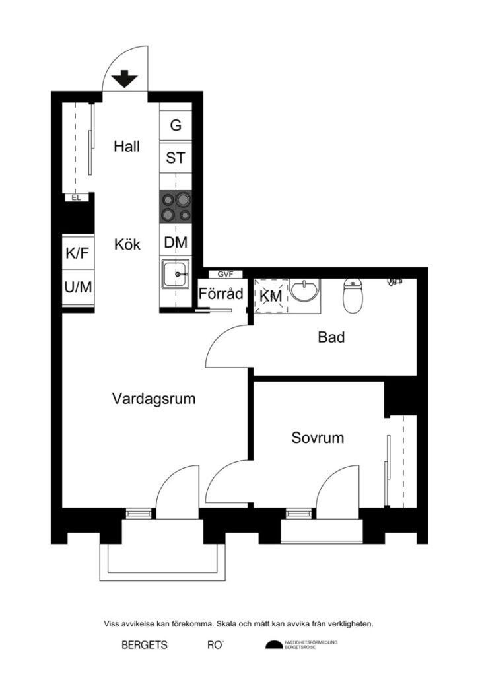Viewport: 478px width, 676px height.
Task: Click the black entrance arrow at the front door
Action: [124, 80]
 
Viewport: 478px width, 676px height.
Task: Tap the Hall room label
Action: [127, 147]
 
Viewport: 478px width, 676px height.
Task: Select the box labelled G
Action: [176, 125]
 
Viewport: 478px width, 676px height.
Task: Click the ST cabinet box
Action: [176, 158]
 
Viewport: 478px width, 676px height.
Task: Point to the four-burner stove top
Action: [176, 207]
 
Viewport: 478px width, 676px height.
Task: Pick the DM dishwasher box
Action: [176, 243]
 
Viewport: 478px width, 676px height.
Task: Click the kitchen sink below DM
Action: [175, 274]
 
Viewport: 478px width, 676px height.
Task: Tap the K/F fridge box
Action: [77, 253]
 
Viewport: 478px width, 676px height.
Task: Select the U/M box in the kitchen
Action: [77, 287]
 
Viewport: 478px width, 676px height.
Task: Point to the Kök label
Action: [127, 244]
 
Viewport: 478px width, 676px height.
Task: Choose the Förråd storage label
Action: [221, 294]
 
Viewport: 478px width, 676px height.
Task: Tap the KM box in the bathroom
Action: [271, 297]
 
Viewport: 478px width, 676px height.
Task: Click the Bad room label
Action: [331, 338]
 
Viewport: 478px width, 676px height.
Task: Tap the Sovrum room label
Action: [318, 438]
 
